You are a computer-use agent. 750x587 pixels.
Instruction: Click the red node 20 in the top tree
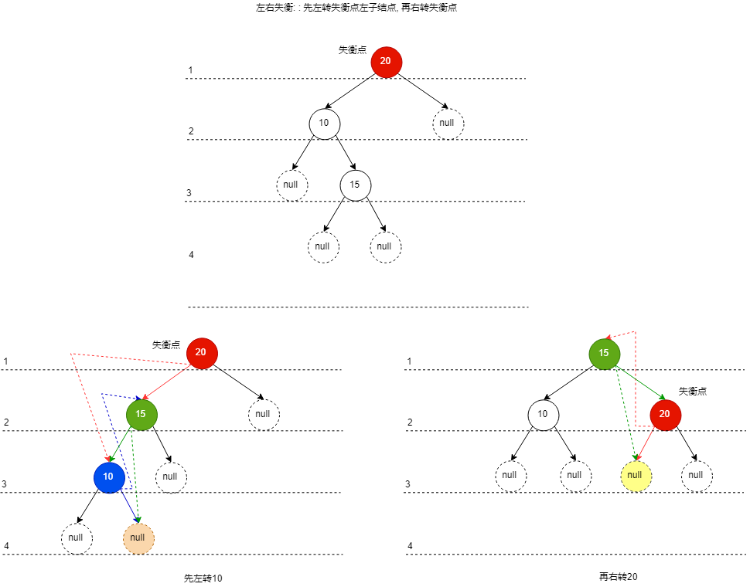tap(387, 62)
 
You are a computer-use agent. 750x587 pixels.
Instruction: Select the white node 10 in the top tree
tap(325, 124)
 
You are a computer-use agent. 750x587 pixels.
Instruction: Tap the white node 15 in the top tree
tap(356, 185)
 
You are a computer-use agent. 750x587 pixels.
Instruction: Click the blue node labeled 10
tap(109, 477)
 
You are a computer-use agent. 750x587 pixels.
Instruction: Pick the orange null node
tap(138, 538)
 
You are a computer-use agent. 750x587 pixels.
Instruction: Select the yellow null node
tap(636, 475)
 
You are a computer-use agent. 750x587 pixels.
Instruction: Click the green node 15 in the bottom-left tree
tap(141, 414)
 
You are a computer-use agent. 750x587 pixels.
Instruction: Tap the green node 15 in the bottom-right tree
tap(605, 353)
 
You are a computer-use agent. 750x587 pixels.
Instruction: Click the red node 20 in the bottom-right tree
tap(666, 414)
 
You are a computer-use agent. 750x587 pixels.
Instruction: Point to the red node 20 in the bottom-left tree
tap(202, 353)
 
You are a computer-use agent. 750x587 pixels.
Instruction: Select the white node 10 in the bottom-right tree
tap(544, 414)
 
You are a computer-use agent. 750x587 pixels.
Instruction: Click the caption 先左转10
tap(203, 578)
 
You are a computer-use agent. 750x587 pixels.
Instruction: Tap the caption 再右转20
tap(618, 576)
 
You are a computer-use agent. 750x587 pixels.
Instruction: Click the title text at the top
tap(356, 8)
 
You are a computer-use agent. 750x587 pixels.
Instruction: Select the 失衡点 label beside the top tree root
tap(353, 50)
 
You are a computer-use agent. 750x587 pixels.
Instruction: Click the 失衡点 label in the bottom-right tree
tap(693, 392)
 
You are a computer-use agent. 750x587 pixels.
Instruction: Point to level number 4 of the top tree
tap(191, 255)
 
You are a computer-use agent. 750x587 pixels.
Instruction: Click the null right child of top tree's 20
tap(448, 124)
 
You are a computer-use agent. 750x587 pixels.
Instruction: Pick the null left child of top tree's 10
tap(291, 185)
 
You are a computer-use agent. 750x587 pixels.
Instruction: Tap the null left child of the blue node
tap(77, 538)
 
